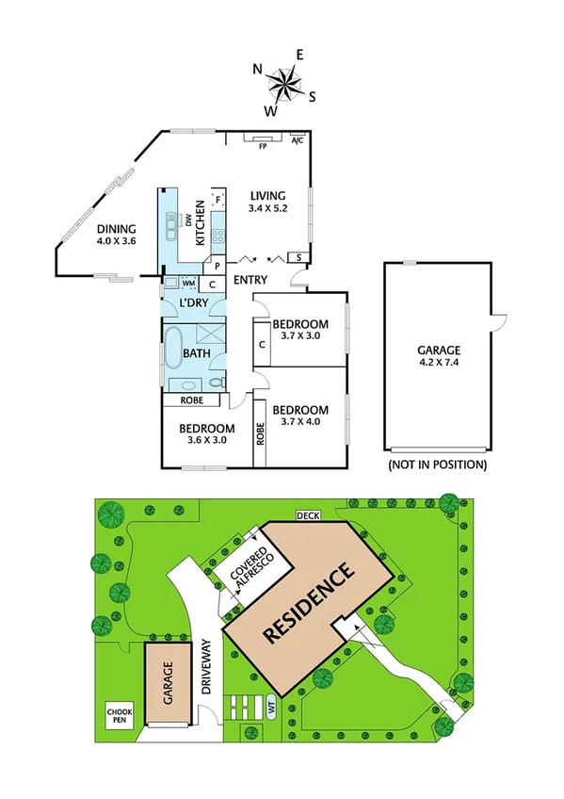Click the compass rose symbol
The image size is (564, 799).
tap(283, 85)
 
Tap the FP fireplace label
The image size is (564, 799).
tap(263, 146)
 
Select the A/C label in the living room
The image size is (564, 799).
tap(298, 141)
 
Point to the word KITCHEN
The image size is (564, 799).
tap(201, 223)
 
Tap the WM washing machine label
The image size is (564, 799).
tap(188, 283)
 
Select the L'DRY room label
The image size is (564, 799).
tap(193, 302)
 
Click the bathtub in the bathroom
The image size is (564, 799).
tap(173, 350)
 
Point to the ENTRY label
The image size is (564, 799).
tap(250, 280)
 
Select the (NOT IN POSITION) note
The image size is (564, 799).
tap(438, 465)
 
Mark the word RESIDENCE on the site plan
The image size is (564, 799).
tap(308, 603)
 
